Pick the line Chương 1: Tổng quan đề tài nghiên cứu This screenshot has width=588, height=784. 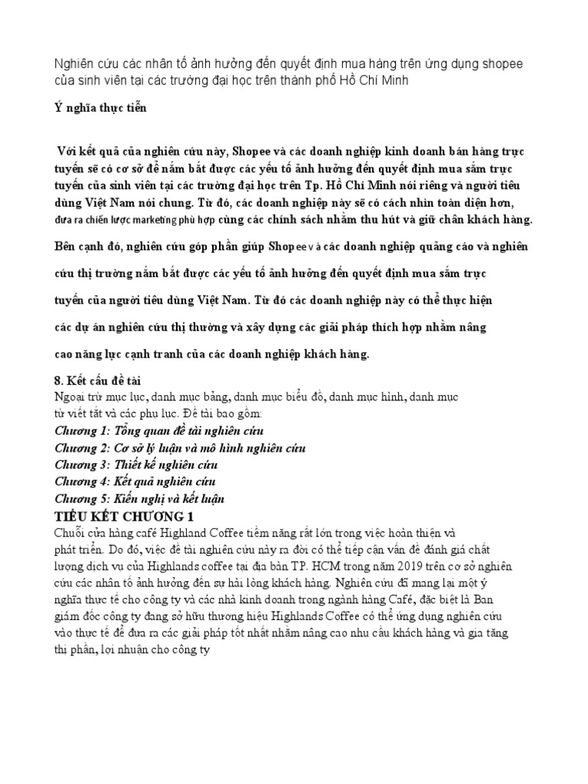160,431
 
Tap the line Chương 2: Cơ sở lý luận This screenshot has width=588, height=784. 180,448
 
